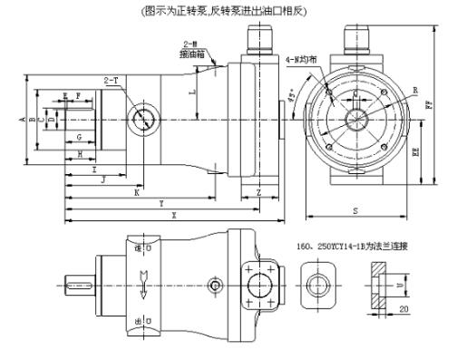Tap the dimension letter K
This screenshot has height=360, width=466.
click(x=136, y=192)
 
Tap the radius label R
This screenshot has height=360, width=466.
click(x=414, y=91)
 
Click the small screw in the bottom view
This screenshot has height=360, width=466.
click(x=214, y=286)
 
